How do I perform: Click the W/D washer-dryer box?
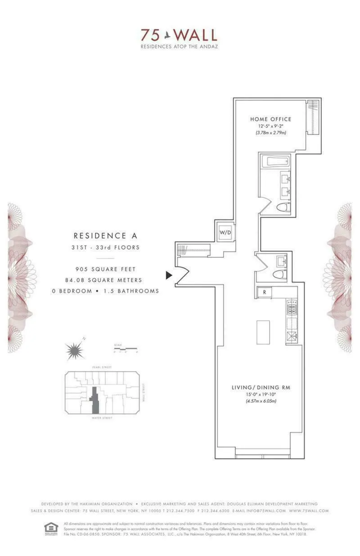coord(225,232)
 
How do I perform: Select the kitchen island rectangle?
coord(263,332)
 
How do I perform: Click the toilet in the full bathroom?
coord(283,207)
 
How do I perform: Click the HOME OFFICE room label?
coord(270,119)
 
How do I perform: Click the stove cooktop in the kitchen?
coord(290,309)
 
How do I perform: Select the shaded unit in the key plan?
coord(95,400)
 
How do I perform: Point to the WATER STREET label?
coord(103,418)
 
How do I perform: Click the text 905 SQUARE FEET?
coord(105,269)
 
